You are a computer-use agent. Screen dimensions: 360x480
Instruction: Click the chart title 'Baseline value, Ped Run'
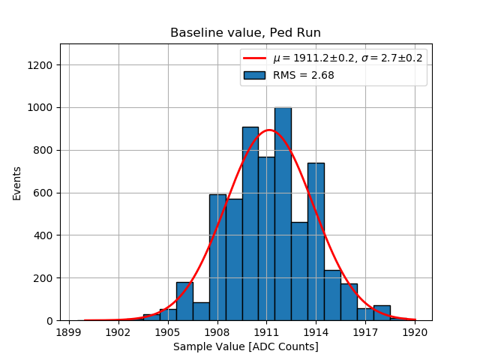(245, 33)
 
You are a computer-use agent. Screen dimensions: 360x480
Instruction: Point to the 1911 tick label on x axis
(266, 331)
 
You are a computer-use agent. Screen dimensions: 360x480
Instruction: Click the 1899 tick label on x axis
(69, 331)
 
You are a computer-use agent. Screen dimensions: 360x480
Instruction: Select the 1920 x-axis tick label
(415, 331)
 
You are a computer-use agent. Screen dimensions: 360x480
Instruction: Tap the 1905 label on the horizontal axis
(167, 331)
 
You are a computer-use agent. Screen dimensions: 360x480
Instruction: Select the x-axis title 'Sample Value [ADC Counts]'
(245, 346)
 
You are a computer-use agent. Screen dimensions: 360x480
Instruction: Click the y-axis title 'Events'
(17, 183)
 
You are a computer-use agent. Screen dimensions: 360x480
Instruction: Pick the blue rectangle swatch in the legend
(255, 75)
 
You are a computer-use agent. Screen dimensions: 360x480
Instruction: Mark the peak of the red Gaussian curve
(268, 130)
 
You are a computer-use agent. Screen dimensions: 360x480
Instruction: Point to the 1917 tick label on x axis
(365, 331)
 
